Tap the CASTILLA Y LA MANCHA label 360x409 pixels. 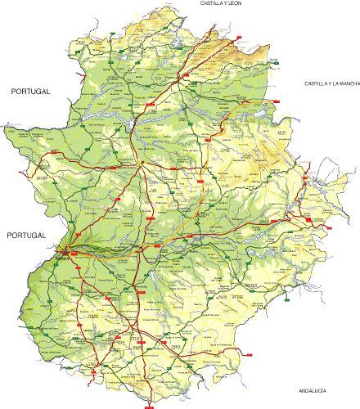[332, 83]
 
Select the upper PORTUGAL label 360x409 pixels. [31, 92]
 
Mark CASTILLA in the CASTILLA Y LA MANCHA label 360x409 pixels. [315, 83]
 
